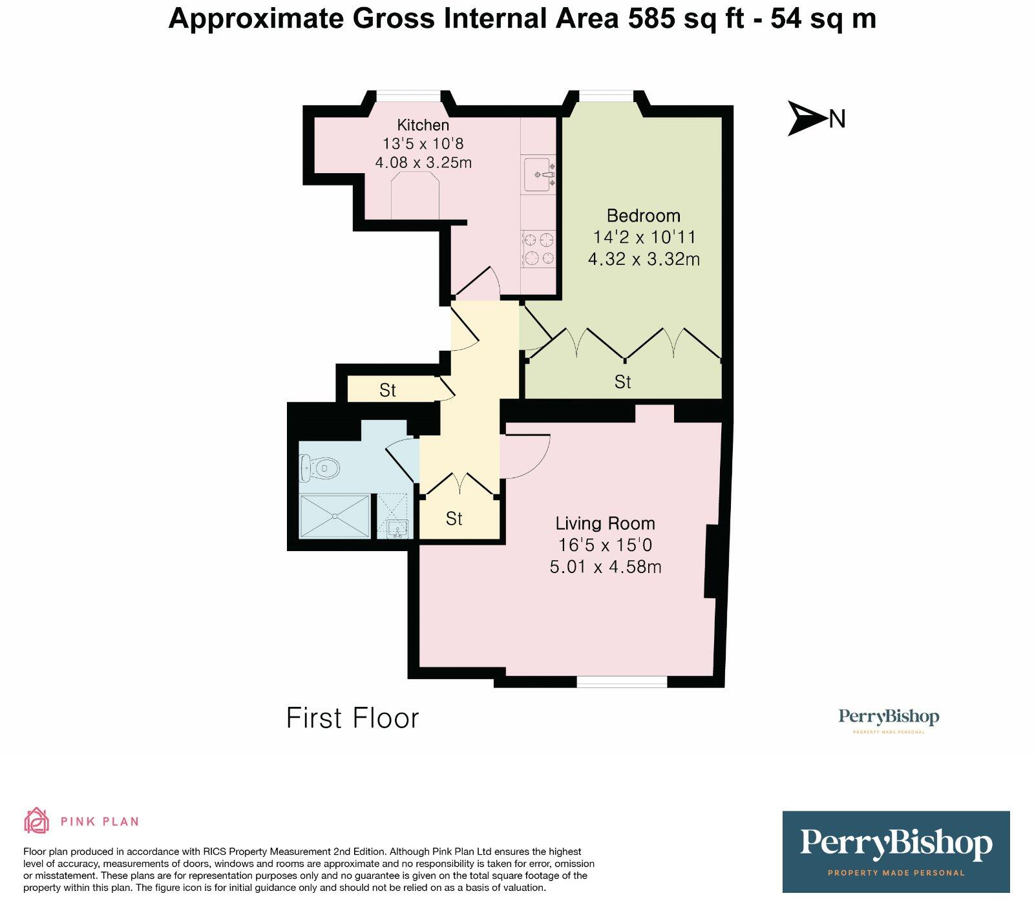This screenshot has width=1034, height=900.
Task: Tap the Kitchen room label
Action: [x=423, y=125]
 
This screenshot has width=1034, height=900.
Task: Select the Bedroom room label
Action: [x=644, y=216]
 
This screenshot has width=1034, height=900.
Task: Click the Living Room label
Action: [x=606, y=523]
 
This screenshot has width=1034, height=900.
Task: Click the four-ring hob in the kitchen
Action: [x=540, y=249]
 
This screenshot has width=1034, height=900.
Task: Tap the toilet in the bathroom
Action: [x=319, y=467]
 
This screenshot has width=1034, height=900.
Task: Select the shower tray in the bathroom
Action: [x=335, y=516]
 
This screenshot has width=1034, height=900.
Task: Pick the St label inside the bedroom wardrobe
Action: [x=622, y=382]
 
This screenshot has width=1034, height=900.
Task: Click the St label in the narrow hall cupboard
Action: [x=388, y=390]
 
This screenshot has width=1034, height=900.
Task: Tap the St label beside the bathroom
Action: [x=454, y=518]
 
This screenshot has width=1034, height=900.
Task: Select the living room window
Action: [x=622, y=681]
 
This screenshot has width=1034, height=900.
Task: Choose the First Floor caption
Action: [x=353, y=718]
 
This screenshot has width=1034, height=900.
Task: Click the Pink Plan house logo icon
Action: [x=36, y=821]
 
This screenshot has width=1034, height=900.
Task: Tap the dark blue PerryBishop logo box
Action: [x=896, y=852]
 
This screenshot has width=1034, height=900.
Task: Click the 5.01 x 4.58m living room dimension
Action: [x=606, y=567]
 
